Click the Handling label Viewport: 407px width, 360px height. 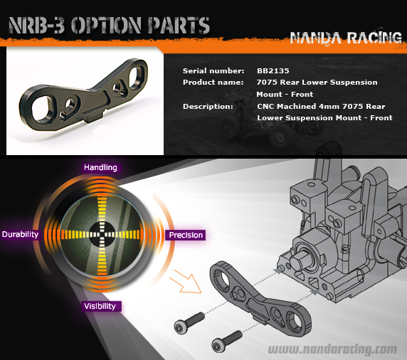[x=100, y=167]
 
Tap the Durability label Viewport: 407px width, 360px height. [x=20, y=234]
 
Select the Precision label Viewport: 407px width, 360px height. [x=186, y=235]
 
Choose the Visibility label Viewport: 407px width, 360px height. [x=100, y=306]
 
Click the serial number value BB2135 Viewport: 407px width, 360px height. [x=273, y=71]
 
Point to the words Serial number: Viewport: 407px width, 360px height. [x=213, y=71]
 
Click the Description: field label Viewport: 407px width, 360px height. [x=208, y=107]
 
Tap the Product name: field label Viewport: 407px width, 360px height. [x=213, y=83]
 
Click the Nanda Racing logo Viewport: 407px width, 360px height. [x=346, y=38]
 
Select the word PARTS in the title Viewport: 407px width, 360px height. [x=179, y=25]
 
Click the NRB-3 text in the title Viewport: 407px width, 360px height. [x=36, y=25]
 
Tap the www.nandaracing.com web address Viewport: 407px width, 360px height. [x=332, y=349]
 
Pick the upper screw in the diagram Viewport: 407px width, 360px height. [x=189, y=322]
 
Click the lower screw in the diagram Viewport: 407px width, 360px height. [x=226, y=341]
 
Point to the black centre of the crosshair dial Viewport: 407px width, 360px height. [x=102, y=234]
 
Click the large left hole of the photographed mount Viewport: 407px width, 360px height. [x=42, y=108]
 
